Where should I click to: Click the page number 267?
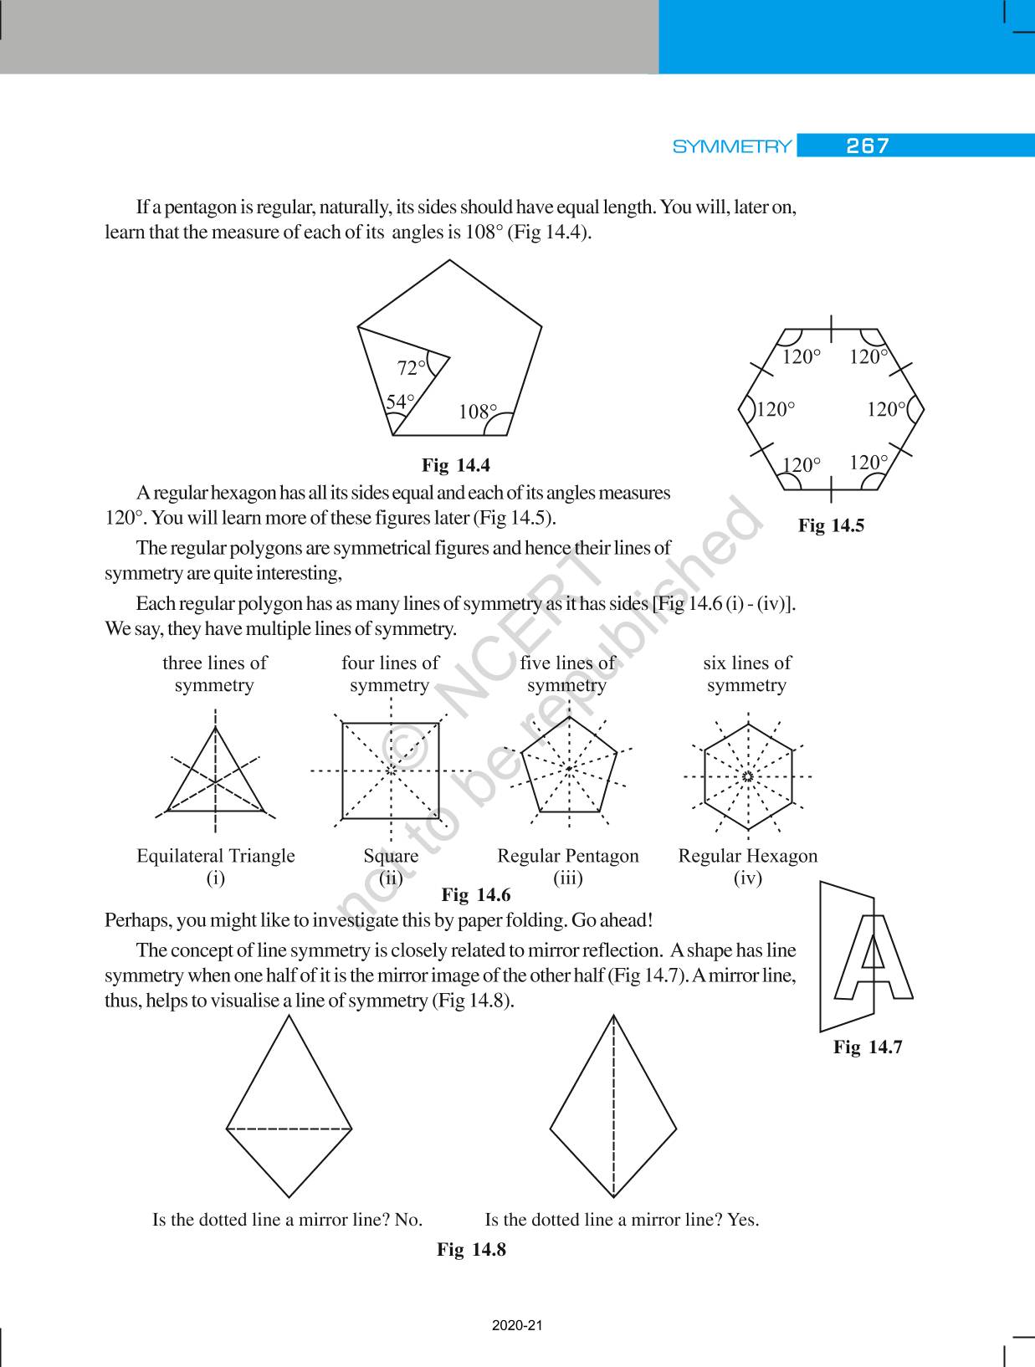coord(867,146)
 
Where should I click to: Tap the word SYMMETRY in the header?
coord(732,147)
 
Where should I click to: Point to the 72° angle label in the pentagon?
coord(411,367)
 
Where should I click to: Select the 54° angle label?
coord(400,402)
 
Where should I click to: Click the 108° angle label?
coord(478,412)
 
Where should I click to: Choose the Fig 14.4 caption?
coord(456,465)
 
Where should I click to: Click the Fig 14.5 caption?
coord(831,525)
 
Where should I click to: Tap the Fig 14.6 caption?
coord(475,895)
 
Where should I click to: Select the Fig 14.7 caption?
coord(868,1047)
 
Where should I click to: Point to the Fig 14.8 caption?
coord(471,1249)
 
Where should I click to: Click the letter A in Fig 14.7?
coord(872,958)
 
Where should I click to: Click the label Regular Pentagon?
coord(567,856)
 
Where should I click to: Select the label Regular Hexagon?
coord(747,856)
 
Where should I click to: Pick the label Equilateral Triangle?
coord(216,856)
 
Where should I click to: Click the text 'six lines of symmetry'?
coord(746,673)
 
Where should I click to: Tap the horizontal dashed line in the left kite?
coord(289,1129)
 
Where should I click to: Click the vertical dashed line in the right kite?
coord(614,1104)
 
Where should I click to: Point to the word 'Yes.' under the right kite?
coord(743,1219)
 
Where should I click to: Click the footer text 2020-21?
coord(517,1325)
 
